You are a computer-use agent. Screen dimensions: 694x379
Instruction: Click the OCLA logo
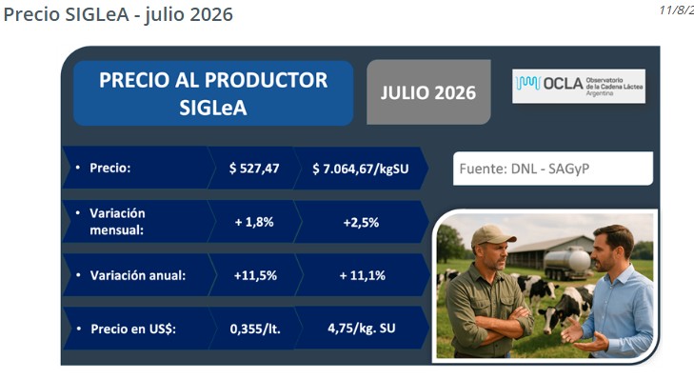[x=579, y=86]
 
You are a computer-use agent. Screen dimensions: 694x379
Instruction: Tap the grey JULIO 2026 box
[x=428, y=92]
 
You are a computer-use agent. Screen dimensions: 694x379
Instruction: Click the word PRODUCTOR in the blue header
[x=266, y=80]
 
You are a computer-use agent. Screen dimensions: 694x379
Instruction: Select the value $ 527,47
[x=254, y=169]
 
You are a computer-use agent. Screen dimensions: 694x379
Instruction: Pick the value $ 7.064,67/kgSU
[x=360, y=169]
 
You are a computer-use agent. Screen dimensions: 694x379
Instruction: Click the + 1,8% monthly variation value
[x=254, y=222]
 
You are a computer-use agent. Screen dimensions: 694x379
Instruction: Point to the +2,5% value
[x=361, y=222]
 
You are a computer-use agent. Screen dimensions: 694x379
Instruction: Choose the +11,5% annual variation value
[x=255, y=275]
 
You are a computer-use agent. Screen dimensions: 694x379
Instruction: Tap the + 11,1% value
[x=362, y=275]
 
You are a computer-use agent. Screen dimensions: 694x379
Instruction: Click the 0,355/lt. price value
[x=255, y=329]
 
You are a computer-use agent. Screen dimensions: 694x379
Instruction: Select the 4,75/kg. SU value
[x=361, y=329]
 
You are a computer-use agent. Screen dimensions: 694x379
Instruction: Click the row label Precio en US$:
[x=133, y=329]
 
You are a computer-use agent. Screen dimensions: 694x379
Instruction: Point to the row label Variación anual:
[x=138, y=275]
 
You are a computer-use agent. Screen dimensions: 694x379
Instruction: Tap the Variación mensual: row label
[x=117, y=221]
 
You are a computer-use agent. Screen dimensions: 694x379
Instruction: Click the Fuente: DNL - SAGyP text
[x=524, y=169]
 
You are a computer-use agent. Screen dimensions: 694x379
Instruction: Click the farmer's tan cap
[x=492, y=235]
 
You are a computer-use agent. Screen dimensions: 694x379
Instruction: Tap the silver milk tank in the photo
[x=568, y=261]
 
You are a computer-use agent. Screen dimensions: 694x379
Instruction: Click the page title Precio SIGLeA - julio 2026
[x=118, y=14]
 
